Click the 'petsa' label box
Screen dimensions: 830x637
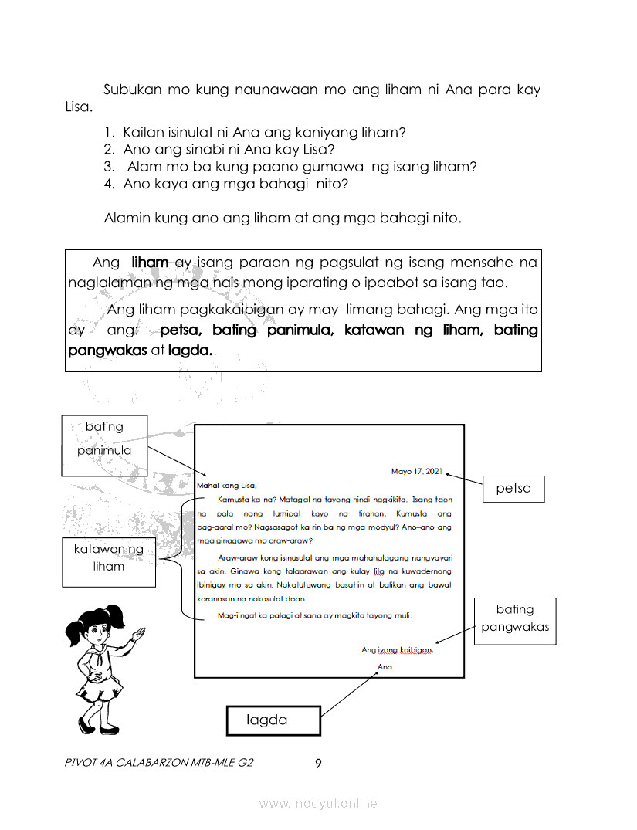coord(513,488)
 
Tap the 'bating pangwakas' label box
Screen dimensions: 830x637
coord(515,618)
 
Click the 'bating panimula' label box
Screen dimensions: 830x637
coord(104,439)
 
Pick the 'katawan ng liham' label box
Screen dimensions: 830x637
coord(108,557)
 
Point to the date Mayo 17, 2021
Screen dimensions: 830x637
coord(417,471)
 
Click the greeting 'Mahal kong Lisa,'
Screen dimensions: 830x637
coord(226,486)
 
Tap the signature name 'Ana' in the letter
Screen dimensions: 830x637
coord(385,666)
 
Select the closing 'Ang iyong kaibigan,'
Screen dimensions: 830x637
coord(397,650)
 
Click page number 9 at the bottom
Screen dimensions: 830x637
coord(318,764)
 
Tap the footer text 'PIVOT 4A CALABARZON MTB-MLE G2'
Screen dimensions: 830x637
coord(160,763)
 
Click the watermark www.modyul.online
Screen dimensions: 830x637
coord(318,803)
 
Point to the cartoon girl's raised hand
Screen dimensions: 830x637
coord(138,635)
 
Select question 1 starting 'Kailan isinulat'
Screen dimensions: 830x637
coord(263,132)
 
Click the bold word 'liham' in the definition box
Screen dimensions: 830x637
coord(150,263)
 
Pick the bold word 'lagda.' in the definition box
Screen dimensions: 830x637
coord(190,350)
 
